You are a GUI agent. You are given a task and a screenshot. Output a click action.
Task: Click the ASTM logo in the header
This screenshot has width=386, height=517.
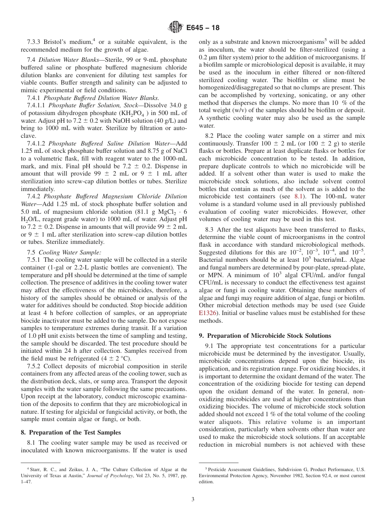[x=175, y=28]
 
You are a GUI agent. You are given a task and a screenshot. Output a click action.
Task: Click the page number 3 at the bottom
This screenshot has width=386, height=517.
[x=193, y=500]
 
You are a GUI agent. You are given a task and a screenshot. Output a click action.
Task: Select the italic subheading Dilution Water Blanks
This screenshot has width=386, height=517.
[x=73, y=60]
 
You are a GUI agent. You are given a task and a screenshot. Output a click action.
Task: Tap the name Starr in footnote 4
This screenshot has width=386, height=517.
[x=33, y=469]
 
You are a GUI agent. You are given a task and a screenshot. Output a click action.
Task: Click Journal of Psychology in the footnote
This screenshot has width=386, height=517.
[x=114, y=476]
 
